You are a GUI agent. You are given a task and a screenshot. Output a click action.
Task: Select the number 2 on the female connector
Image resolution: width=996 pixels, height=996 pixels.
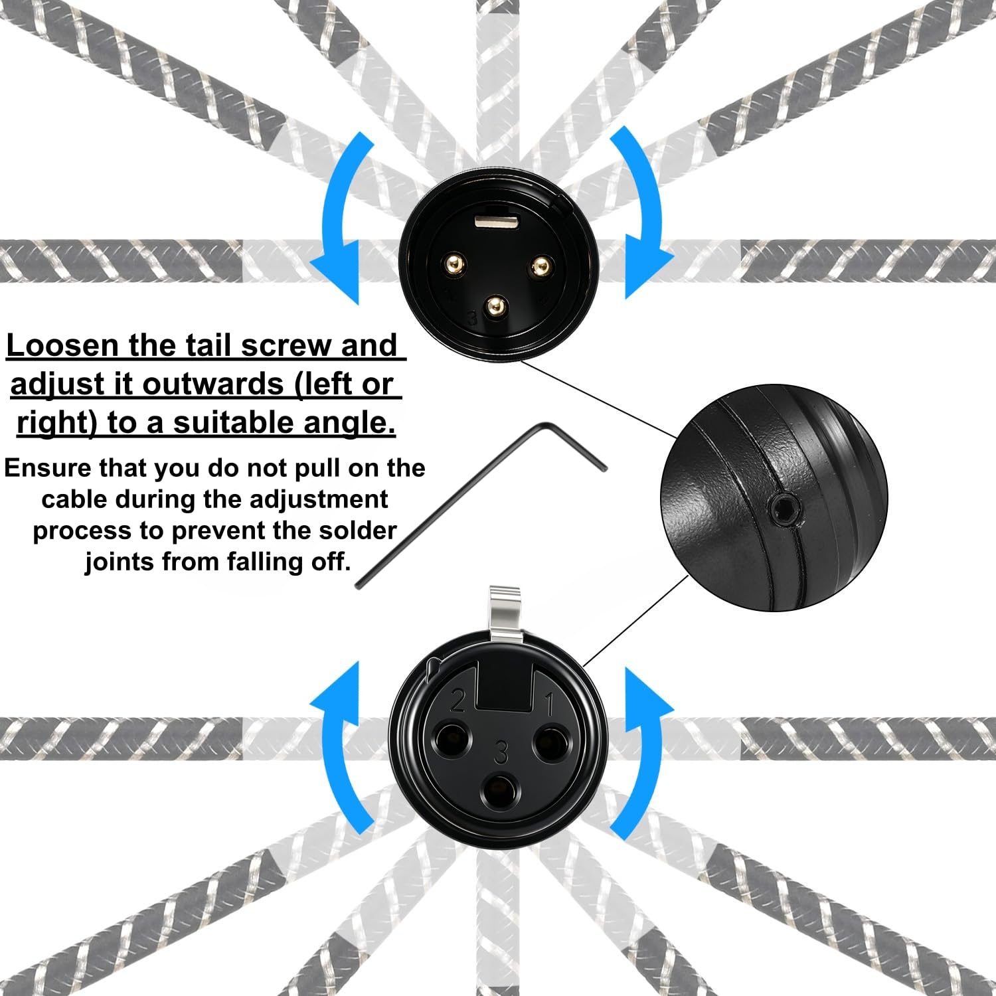[457, 700]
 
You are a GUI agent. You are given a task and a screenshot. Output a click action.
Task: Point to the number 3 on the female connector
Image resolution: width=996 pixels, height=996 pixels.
[501, 752]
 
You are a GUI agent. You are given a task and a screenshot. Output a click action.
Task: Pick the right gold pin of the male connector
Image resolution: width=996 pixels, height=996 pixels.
[539, 267]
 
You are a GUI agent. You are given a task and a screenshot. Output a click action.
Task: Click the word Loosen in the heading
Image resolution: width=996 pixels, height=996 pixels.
[62, 345]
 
